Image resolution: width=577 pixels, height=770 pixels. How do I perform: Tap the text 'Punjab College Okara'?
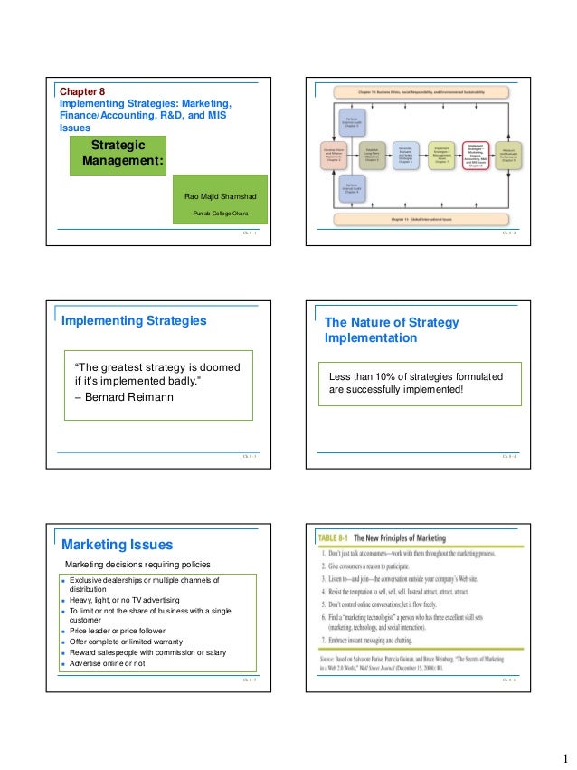pyautogui.click(x=214, y=214)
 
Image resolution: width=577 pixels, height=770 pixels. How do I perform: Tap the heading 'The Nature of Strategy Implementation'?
pyautogui.click(x=392, y=330)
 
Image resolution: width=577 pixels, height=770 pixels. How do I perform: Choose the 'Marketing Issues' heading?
pyautogui.click(x=117, y=545)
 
